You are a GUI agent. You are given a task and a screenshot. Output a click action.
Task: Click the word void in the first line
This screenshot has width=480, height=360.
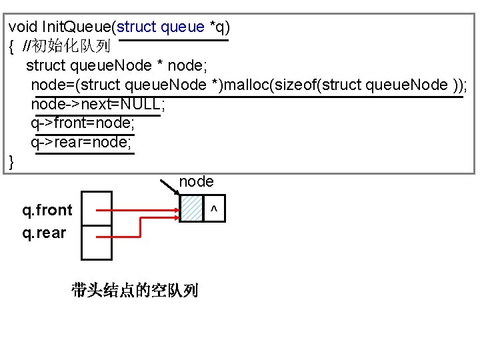23,27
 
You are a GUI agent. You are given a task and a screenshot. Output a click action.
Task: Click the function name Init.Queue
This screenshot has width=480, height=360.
77,27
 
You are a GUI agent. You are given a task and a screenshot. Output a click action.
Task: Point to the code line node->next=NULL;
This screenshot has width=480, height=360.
97,105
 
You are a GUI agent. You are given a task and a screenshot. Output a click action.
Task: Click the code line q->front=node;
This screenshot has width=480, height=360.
83,123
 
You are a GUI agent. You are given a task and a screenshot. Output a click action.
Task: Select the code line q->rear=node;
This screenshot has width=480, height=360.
81,143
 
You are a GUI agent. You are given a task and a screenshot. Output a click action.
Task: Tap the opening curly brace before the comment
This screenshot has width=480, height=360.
12,47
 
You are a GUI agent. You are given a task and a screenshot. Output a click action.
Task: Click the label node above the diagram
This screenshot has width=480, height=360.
196,181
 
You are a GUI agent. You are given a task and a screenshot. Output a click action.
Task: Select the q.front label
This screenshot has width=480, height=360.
47,211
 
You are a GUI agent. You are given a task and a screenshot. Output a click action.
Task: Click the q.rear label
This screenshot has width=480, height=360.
44,233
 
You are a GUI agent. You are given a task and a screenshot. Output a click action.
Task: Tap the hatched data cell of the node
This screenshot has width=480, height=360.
192,208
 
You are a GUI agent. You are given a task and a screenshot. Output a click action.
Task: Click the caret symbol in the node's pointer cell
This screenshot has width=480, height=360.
213,210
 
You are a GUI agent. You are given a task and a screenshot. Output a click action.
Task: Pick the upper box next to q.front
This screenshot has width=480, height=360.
97,209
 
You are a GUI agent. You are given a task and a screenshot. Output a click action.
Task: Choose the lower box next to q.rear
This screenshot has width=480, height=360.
97,242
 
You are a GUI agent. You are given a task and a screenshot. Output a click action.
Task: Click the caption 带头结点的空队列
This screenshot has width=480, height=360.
135,290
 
